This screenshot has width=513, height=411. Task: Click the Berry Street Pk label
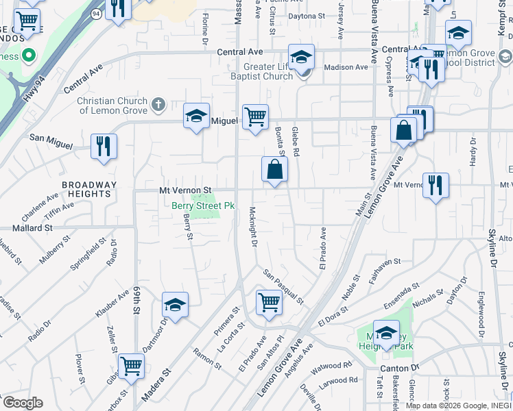coord(203,206)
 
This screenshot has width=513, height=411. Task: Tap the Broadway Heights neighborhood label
coord(89,189)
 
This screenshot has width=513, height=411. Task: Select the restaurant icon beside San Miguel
coord(104,146)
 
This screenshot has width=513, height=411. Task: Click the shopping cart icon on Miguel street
coord(255,116)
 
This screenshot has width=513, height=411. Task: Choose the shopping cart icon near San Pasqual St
coord(268,302)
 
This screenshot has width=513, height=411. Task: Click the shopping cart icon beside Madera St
coord(131,365)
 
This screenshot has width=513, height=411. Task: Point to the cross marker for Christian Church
coord(158,105)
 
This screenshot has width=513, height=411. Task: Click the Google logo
coord(23,403)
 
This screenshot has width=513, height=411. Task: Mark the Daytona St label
coord(306,16)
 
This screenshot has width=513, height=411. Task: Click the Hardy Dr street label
coord(473,150)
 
